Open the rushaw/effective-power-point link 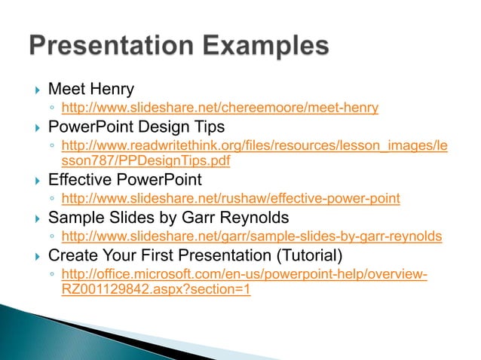(230, 199)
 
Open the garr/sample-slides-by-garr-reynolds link (251, 237)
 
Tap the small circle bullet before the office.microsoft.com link (51, 275)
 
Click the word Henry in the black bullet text (112, 90)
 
